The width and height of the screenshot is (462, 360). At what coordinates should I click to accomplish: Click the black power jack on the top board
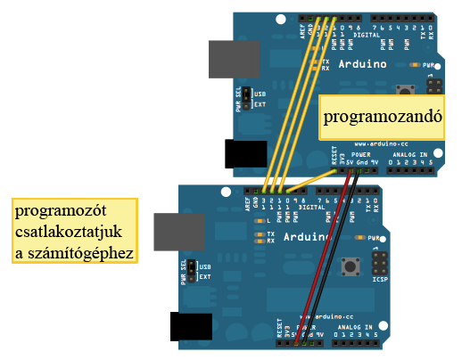[245, 153]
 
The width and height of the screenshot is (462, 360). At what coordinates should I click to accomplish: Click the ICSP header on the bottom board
[381, 264]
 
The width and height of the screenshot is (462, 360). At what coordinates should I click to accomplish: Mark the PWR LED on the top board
[415, 65]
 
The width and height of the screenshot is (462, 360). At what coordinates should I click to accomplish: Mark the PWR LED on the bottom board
[360, 238]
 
